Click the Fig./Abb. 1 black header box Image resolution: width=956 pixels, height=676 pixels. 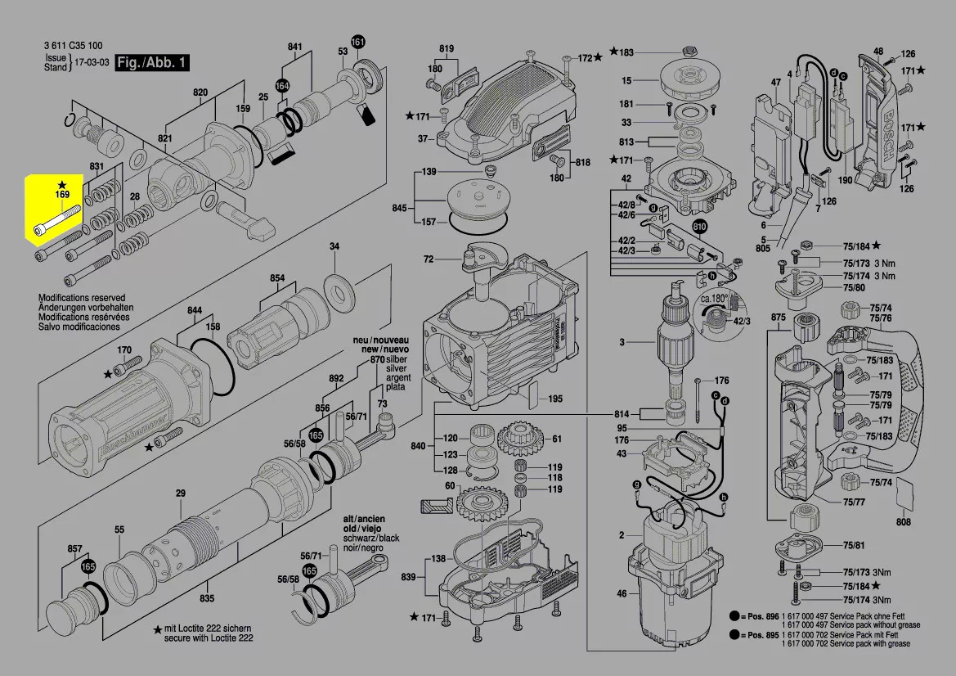(153, 62)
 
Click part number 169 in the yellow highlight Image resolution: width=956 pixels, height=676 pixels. (62, 195)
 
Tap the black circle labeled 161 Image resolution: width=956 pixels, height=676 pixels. (358, 43)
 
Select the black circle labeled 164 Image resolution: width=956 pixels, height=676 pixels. (282, 85)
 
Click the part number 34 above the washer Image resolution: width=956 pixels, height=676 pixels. (334, 246)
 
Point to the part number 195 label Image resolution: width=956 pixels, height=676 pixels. (555, 399)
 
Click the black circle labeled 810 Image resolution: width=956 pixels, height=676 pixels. (700, 227)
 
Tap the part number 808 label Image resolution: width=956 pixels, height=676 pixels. (903, 521)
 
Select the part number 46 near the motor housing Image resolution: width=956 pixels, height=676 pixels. (622, 593)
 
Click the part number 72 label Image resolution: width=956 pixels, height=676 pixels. (429, 259)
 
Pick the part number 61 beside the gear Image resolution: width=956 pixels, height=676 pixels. (557, 439)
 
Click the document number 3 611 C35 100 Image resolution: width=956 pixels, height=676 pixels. (74, 46)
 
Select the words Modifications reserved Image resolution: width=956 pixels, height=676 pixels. (82, 299)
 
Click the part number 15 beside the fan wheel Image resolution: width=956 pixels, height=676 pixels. (626, 80)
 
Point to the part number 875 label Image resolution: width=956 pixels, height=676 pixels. (778, 317)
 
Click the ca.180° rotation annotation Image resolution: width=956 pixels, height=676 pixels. (713, 300)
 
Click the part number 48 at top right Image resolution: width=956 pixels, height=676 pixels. (878, 50)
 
